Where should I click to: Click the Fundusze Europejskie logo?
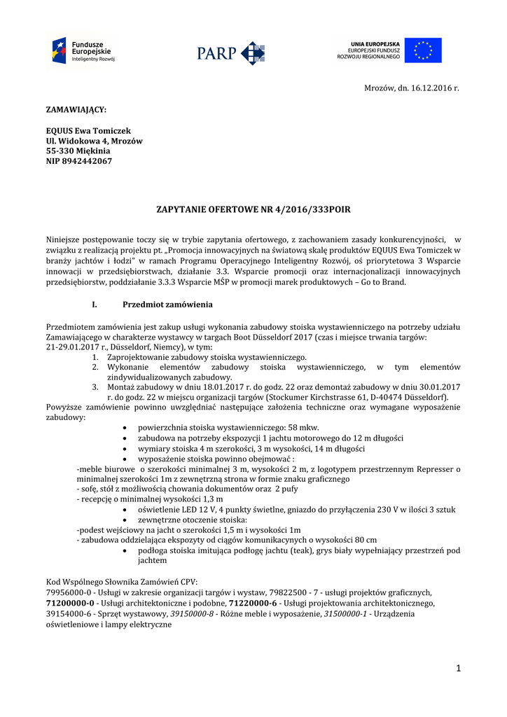82,50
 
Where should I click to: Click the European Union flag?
423,50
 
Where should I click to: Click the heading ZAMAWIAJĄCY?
76,110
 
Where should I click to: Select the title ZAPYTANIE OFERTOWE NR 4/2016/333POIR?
253,209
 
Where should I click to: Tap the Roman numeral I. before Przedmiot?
95,305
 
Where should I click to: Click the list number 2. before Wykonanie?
95,367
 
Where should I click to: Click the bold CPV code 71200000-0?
70,602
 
